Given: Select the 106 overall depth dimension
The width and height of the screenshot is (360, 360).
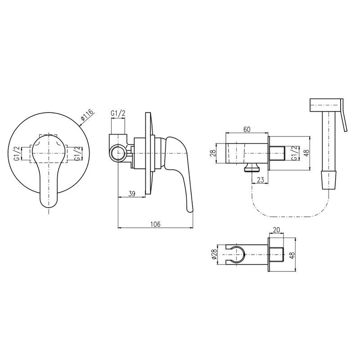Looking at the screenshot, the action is (x=155, y=224).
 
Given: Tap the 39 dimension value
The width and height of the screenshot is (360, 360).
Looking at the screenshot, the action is (x=131, y=193).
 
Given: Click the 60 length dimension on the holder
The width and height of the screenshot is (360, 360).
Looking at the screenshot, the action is (x=247, y=129).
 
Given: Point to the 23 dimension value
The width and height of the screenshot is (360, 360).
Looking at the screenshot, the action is (x=261, y=180).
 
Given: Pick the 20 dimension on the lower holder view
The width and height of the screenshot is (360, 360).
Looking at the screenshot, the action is (x=276, y=230).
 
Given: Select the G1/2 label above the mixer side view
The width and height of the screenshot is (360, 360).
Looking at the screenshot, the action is (x=118, y=113).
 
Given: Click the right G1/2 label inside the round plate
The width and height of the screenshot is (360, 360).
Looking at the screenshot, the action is (x=78, y=153).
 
